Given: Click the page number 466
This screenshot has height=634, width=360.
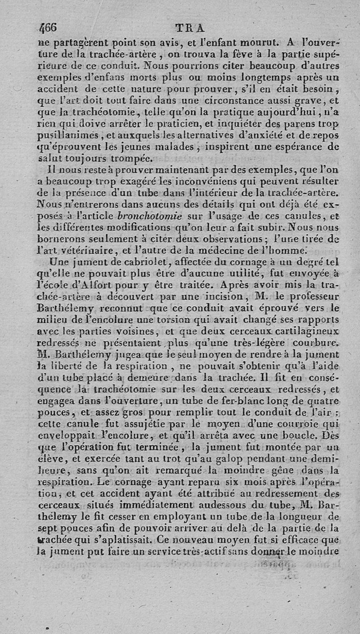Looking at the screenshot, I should (x=48, y=28).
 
